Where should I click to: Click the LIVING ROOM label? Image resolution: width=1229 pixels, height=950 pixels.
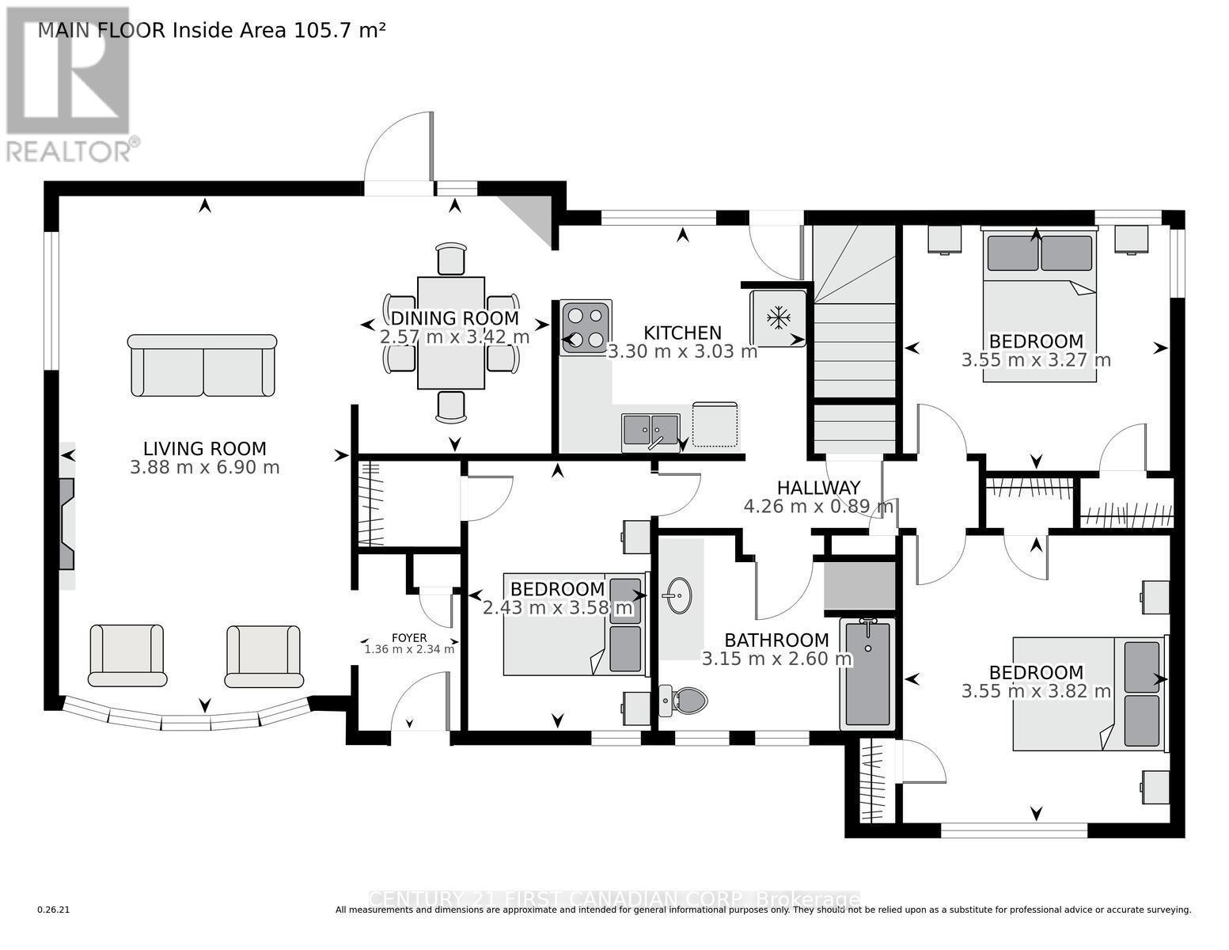tap(204, 449)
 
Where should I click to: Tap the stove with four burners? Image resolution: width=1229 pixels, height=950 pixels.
tap(585, 327)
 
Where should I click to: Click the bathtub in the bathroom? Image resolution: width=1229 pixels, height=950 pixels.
tap(867, 674)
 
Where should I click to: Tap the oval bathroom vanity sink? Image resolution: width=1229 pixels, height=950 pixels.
tap(678, 595)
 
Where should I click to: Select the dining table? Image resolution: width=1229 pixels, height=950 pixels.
tap(451, 332)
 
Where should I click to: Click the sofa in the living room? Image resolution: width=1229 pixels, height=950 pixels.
tap(203, 365)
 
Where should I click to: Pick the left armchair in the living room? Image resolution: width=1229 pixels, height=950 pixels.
tap(127, 655)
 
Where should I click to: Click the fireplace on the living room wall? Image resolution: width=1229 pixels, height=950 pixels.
tap(66, 523)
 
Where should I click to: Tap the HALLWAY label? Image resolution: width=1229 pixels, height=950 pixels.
tap(817, 488)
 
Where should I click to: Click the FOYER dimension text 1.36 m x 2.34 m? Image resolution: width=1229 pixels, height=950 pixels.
tap(409, 649)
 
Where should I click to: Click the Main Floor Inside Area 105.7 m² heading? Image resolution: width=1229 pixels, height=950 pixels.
tap(212, 31)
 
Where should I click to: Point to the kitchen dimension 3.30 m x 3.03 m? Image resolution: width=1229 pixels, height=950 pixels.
tap(682, 351)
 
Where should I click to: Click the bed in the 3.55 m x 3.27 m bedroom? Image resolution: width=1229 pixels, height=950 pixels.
tap(1039, 305)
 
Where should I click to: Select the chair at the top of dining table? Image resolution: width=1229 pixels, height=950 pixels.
tap(451, 258)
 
